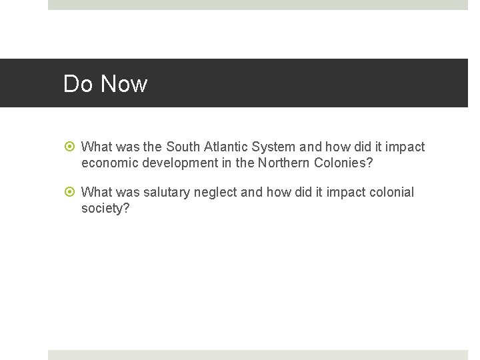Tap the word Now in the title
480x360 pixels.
[123, 84]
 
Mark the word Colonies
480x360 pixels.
[339, 162]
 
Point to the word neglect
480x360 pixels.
[215, 193]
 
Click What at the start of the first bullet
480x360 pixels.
[97, 147]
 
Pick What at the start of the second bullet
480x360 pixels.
[97, 193]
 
